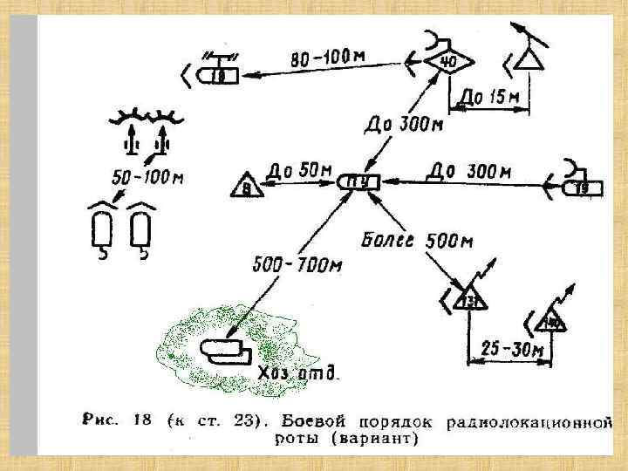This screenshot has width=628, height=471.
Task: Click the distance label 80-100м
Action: (x=328, y=59)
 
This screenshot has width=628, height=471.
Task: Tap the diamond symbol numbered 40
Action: (x=447, y=62)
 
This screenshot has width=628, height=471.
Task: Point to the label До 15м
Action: (x=489, y=98)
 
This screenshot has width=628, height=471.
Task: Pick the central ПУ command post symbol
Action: (x=358, y=182)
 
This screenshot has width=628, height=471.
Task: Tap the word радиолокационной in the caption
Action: (x=525, y=423)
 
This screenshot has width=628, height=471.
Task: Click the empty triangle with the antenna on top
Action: (x=525, y=60)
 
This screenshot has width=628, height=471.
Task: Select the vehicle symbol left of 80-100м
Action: (x=219, y=76)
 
